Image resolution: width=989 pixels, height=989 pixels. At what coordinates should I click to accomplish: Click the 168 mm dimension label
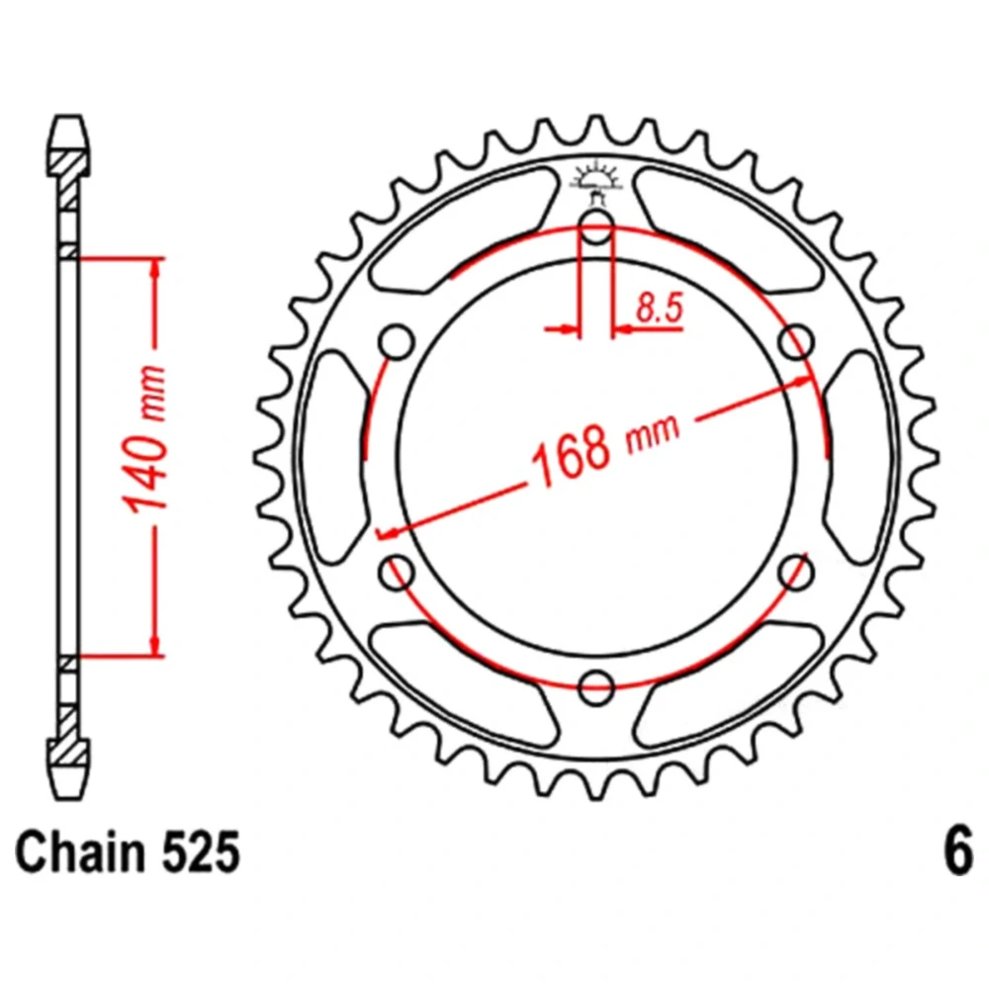coord(605,450)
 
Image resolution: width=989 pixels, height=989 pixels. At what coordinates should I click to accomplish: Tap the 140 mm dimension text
coord(145,439)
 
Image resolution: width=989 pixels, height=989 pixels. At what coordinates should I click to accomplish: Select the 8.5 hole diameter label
coord(660,309)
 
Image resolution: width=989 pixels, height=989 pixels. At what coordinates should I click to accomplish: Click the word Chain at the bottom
coord(80,853)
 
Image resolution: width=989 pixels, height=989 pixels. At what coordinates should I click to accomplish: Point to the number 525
coord(201,853)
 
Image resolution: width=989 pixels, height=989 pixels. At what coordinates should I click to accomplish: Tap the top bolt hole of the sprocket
coord(596,226)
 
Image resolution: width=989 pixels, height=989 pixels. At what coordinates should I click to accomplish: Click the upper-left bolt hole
coord(397,342)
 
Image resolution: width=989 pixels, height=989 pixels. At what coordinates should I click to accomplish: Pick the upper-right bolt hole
coord(796,342)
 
